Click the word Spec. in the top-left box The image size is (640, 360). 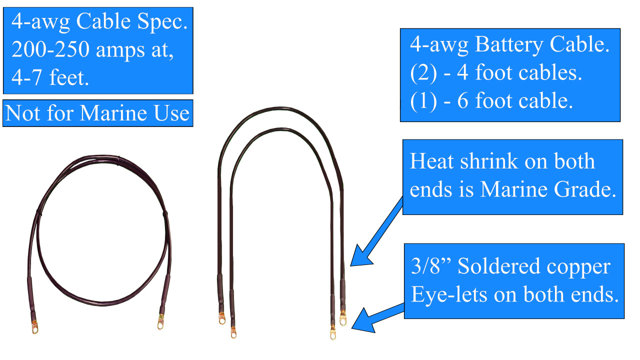(162, 22)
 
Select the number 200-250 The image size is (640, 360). (50, 49)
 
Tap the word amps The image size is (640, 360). (120, 51)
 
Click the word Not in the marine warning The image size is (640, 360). (23, 113)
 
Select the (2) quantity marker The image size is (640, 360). (423, 73)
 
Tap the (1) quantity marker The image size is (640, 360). (423, 101)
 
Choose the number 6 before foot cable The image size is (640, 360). (463, 100)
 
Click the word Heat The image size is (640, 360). (431, 161)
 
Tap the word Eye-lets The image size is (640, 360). (449, 294)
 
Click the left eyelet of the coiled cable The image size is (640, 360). (35, 327)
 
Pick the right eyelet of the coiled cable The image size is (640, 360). (161, 321)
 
